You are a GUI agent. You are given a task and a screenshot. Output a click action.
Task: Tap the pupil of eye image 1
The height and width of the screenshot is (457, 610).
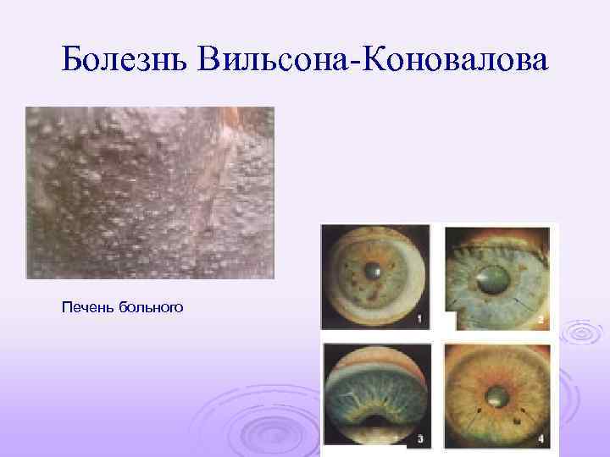click(374, 271)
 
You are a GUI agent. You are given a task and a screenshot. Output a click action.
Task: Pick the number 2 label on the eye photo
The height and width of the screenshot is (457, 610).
click(541, 320)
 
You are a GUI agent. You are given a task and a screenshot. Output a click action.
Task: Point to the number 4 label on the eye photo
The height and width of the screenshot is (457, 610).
click(541, 438)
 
